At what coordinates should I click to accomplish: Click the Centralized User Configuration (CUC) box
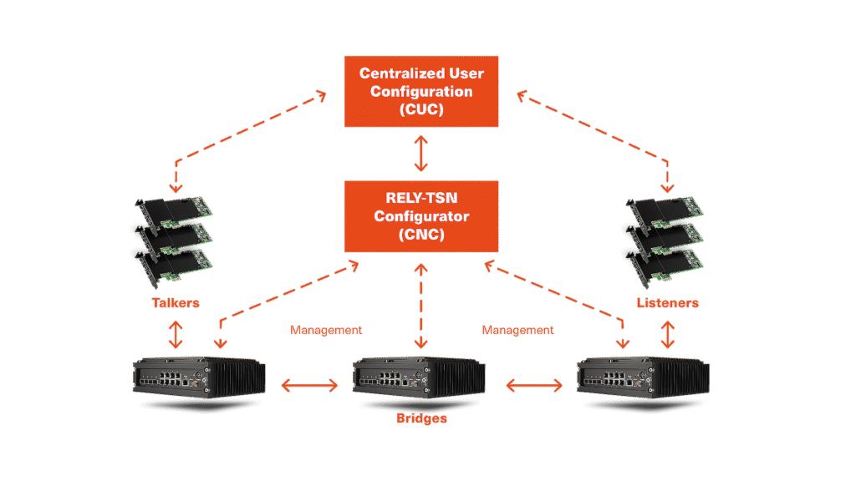(421, 92)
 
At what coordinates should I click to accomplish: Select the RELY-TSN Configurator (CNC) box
(421, 215)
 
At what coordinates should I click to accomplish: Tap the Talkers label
(176, 302)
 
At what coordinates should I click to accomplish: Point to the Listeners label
(666, 302)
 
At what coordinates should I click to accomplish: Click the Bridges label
(421, 418)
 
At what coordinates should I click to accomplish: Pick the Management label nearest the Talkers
(326, 331)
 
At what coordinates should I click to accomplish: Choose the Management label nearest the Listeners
(517, 331)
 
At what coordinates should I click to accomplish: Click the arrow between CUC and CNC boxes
(421, 154)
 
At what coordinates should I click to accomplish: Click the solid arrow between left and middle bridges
(309, 386)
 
